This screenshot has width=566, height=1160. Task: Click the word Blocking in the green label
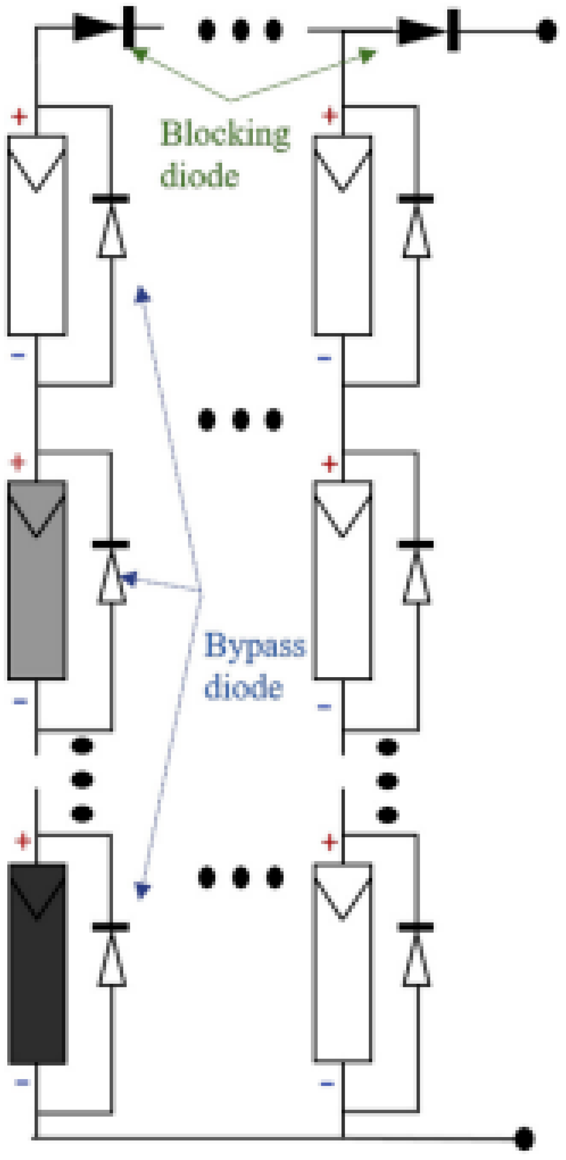pos(225,134)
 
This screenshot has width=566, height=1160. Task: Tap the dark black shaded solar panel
pos(37,964)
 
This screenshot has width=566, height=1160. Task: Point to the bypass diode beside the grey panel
pos(111,574)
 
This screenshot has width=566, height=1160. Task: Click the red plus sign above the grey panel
pos(18,463)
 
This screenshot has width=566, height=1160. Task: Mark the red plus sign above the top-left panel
pos(19,116)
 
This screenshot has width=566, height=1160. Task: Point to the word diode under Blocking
pos(200,175)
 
